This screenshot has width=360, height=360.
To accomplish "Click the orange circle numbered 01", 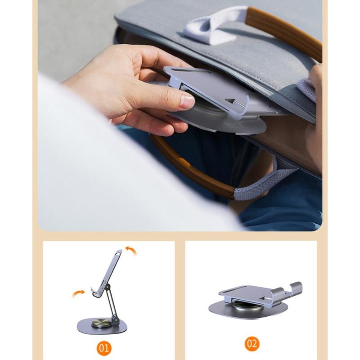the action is [104, 348].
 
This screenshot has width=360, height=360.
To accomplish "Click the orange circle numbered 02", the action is [252, 344].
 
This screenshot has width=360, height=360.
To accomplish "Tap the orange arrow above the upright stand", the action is [131, 250].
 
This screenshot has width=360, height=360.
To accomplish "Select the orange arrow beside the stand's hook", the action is [78, 293].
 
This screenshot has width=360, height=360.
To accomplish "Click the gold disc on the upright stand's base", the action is [102, 323].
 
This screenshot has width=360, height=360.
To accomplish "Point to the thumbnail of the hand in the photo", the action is [187, 102].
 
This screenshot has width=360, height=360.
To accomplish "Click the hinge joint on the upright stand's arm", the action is [108, 286].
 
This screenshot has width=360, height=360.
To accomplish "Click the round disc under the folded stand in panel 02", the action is [247, 306].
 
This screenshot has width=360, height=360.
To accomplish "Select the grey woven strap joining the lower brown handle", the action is [264, 179].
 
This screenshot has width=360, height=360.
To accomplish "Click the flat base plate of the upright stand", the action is [102, 325].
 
